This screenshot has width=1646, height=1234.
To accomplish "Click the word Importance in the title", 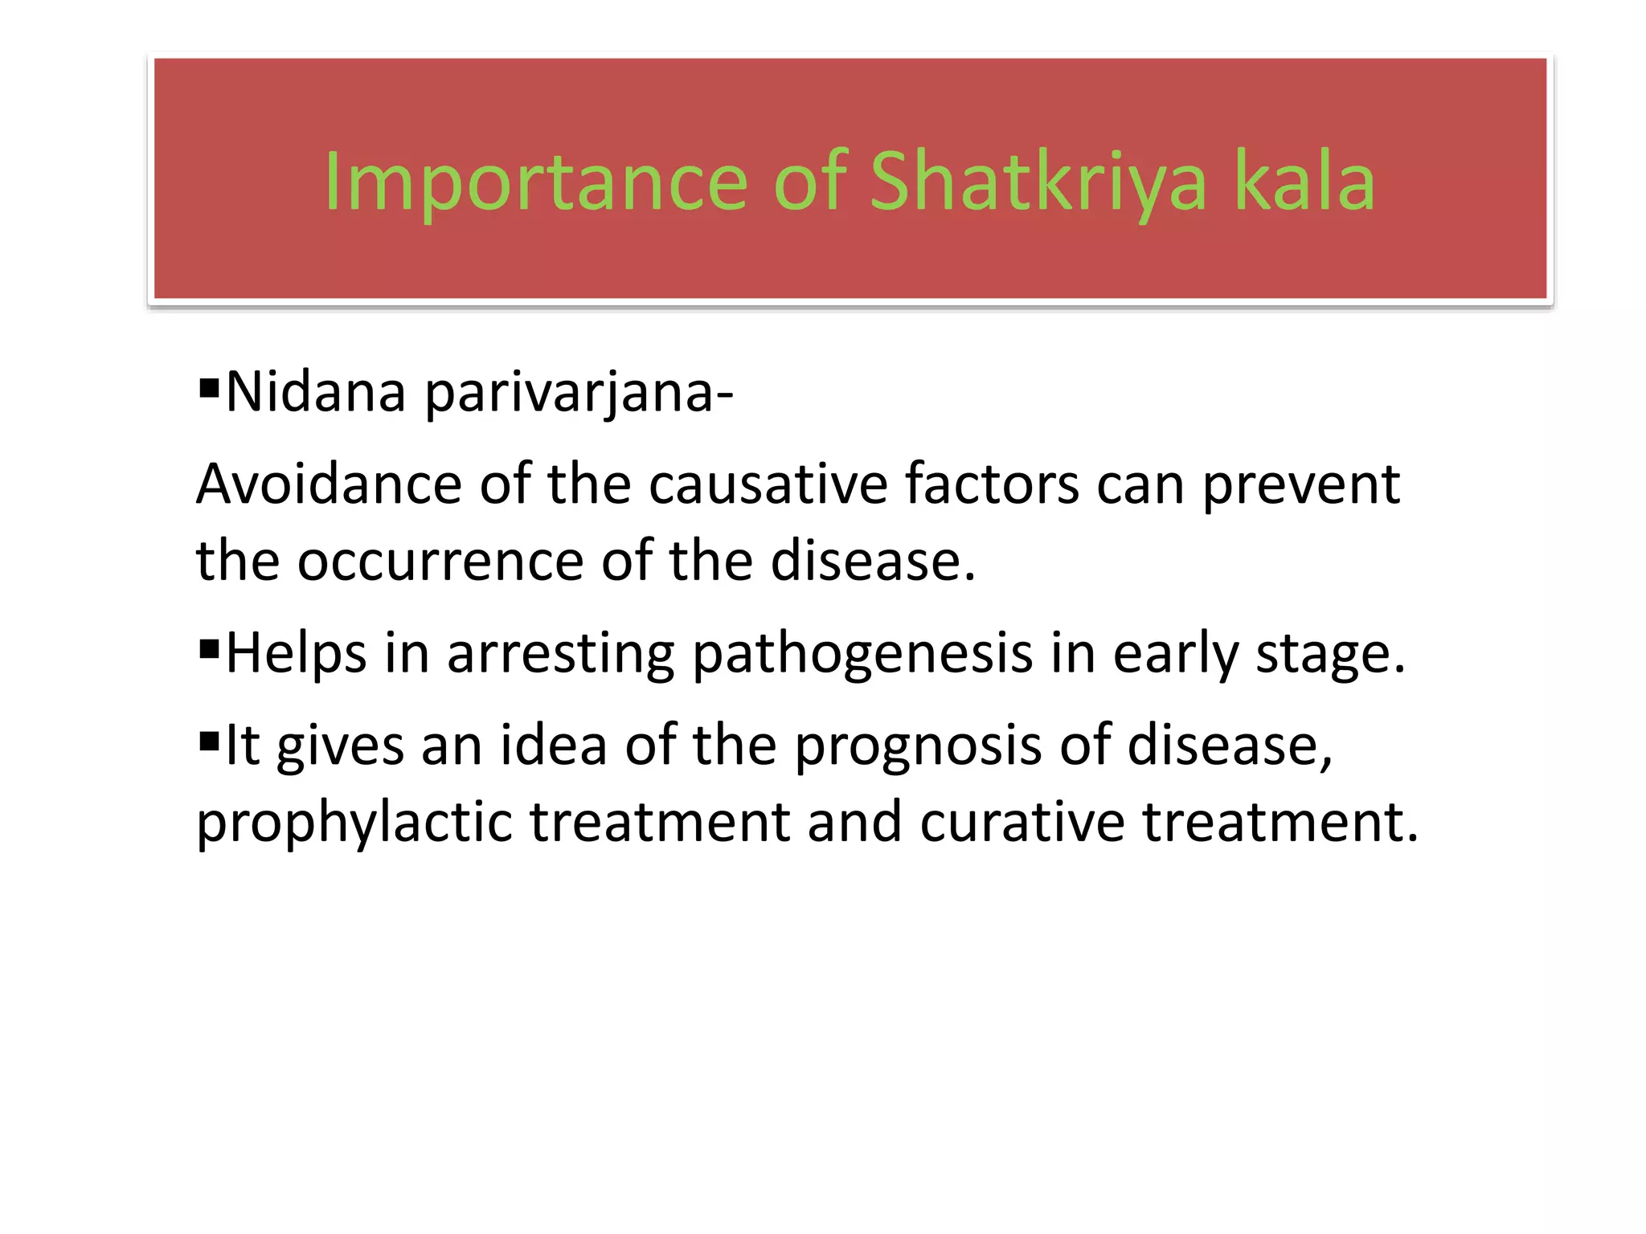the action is pos(535,183).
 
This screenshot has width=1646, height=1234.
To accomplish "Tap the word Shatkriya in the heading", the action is pos(1038,183).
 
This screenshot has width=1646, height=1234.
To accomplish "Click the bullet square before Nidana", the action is pos(209,389).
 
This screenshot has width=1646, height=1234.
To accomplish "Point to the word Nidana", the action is pos(316,392).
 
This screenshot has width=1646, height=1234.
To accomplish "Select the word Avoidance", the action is pos(329,484).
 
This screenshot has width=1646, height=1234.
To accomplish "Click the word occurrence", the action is pos(440,562).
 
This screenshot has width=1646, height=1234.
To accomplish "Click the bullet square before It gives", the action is pos(209,739).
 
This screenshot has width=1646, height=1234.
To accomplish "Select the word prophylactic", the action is pos(354,823).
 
